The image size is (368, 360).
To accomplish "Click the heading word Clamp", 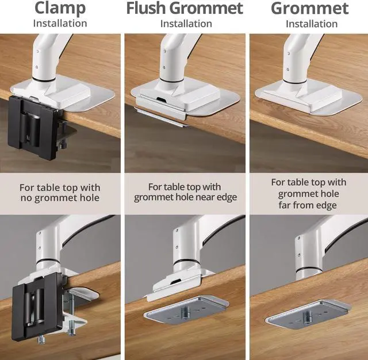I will click(x=60, y=9).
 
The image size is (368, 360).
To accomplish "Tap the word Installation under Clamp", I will click(x=60, y=24).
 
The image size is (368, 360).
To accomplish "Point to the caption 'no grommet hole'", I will click(x=60, y=198).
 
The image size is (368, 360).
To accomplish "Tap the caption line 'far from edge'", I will click(x=308, y=205).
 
